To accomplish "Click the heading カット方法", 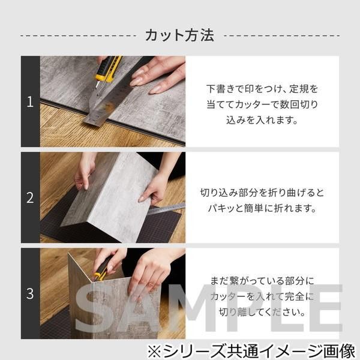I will pos(179,35).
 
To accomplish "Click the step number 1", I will pos(30,102).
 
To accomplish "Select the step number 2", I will pos(30,197).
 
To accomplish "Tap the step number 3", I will pos(30,293).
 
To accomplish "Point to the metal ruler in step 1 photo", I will pos(111,102).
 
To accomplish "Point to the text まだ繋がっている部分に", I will pos(262,281).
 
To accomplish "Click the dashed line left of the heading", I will pos(78,36).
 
